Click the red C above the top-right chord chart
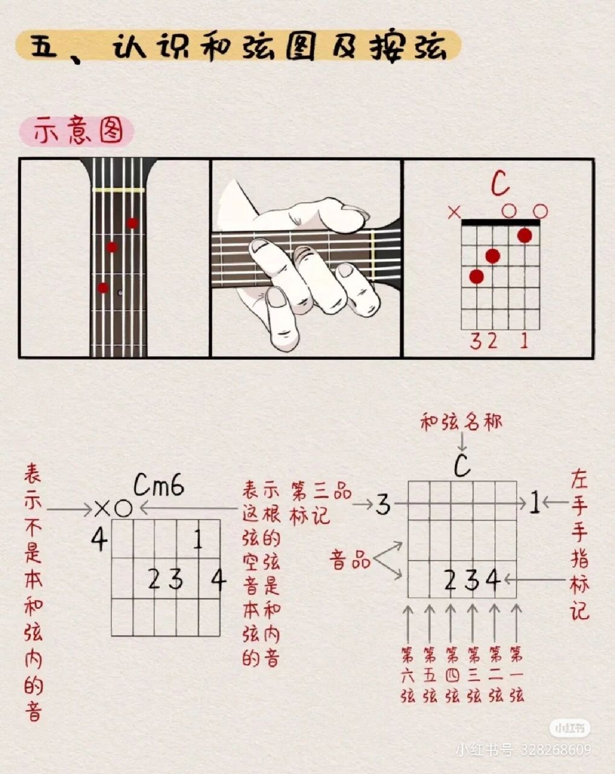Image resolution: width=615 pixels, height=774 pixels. pyautogui.click(x=500, y=184)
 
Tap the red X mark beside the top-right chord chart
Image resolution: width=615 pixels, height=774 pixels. pyautogui.click(x=454, y=212)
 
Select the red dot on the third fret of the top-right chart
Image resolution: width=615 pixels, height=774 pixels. pyautogui.click(x=477, y=276)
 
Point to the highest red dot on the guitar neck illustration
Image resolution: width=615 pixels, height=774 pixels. pyautogui.click(x=132, y=223)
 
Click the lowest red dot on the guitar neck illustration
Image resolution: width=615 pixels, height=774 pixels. pyautogui.click(x=103, y=288)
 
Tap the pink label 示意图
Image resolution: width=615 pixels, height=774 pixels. pyautogui.click(x=77, y=131)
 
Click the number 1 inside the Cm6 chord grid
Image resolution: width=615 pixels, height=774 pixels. pyautogui.click(x=198, y=539)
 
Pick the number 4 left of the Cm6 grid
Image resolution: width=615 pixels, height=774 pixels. pyautogui.click(x=99, y=539)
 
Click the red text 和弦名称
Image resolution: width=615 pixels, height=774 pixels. pyautogui.click(x=461, y=422)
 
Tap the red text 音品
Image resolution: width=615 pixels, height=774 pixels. pyautogui.click(x=350, y=560)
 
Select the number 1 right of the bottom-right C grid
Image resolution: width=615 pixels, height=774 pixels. pyautogui.click(x=534, y=503)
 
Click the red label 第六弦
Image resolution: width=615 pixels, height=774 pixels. pyautogui.click(x=408, y=674)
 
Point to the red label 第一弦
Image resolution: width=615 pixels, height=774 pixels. pyautogui.click(x=516, y=674)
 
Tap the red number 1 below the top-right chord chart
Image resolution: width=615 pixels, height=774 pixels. pyautogui.click(x=523, y=341)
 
